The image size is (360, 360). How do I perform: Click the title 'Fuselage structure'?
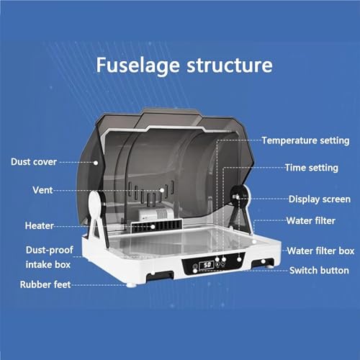184,66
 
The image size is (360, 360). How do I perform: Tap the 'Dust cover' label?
34,162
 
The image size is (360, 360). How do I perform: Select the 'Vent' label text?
42,190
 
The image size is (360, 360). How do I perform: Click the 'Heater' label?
40,225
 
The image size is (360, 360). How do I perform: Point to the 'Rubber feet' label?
45,284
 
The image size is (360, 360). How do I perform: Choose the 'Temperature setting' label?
305,140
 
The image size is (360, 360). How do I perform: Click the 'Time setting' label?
312,168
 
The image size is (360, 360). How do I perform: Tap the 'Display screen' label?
320,199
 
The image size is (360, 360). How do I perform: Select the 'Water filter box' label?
320,251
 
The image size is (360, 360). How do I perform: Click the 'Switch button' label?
319,271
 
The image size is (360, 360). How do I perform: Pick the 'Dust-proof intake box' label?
49,257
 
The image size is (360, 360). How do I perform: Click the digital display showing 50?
207,265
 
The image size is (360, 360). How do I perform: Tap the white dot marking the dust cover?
96,163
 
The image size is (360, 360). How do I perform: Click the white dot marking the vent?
162,190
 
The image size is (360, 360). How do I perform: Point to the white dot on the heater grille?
153,227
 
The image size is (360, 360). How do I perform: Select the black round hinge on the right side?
238,197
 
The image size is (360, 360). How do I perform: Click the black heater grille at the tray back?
156,226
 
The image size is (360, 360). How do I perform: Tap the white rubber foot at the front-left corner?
131,285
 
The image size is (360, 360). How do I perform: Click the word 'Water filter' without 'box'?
311,221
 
